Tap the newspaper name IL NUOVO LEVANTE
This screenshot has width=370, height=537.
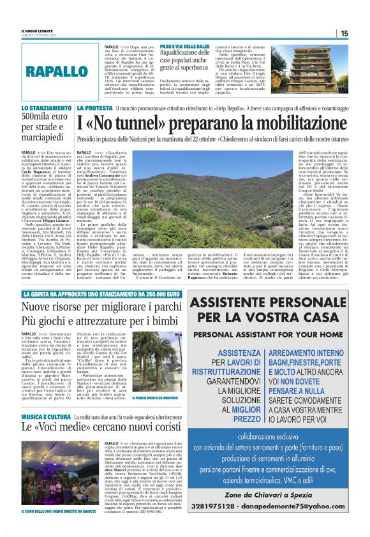pyautogui.click(x=38, y=31)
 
